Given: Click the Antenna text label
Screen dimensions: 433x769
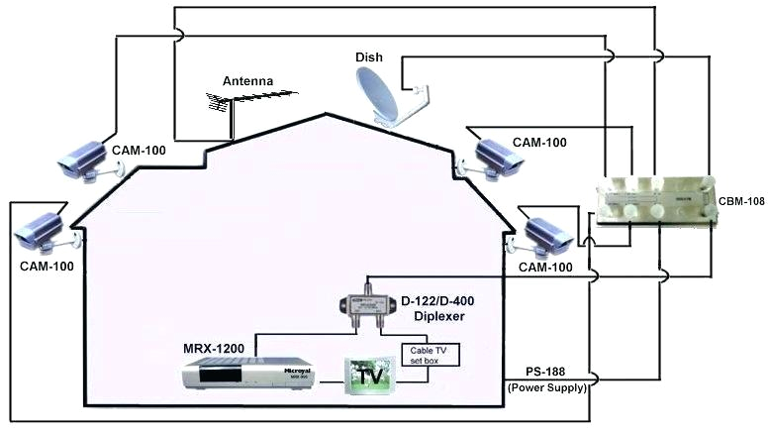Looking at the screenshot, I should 246,80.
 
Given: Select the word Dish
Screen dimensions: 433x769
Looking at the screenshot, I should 368,57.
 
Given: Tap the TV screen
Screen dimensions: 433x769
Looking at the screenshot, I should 369,378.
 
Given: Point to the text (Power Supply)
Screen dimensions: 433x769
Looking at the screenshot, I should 547,386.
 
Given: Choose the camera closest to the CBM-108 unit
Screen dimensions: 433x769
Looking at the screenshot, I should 545,234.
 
